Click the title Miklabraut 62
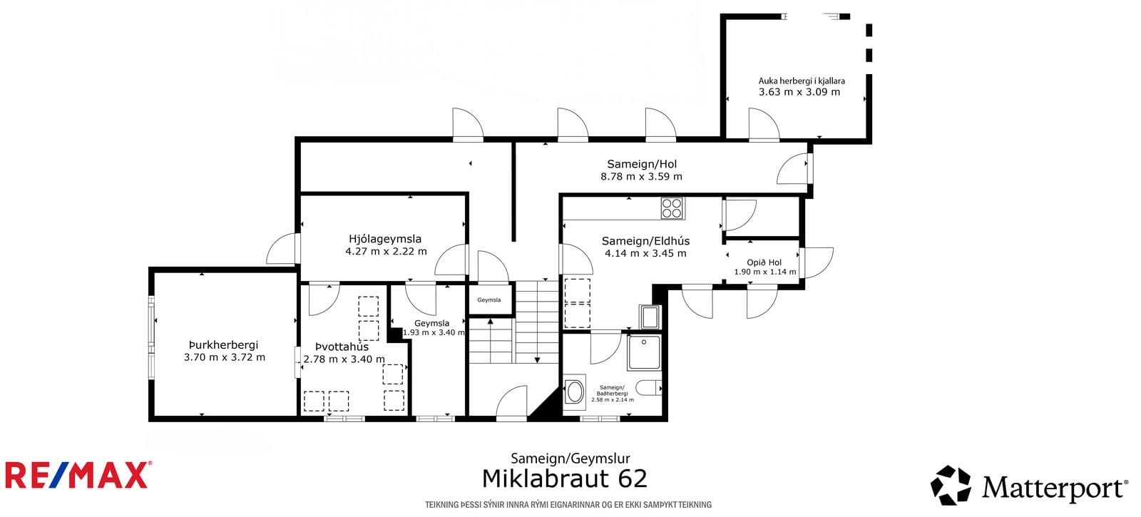click(x=564, y=478)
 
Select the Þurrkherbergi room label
click(x=224, y=345)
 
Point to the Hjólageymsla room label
click(x=385, y=239)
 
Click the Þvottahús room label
click(x=342, y=347)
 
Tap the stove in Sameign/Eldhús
click(x=672, y=208)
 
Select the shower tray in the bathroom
click(x=645, y=352)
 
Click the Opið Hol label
click(x=764, y=262)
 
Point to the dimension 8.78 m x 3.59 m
click(x=641, y=177)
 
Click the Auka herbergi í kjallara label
click(x=802, y=81)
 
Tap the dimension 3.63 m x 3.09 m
click(x=799, y=92)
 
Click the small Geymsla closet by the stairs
click(x=489, y=300)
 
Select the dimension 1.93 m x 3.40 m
click(x=434, y=332)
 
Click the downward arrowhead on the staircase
click(x=537, y=359)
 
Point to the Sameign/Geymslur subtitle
click(x=570, y=459)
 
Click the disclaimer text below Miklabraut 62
click(x=568, y=505)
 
